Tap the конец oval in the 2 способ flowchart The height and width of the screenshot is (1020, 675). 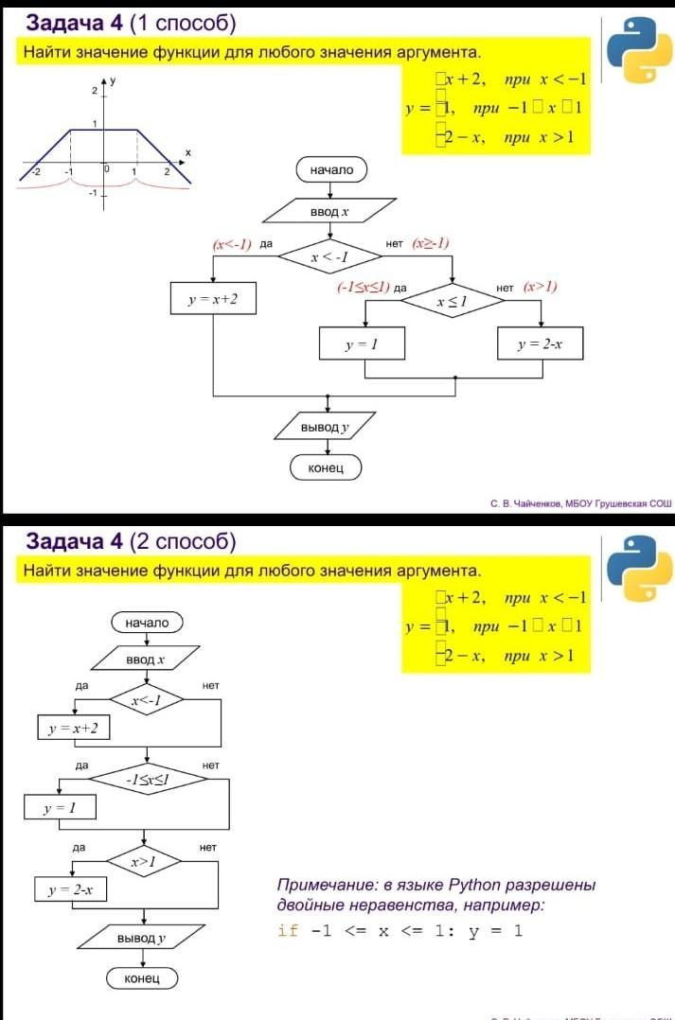[142, 977]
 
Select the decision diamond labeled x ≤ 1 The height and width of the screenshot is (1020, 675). [452, 301]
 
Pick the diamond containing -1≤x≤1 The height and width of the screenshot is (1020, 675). [148, 779]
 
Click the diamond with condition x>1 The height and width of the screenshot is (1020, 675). [143, 861]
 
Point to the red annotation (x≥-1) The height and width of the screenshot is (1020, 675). [430, 243]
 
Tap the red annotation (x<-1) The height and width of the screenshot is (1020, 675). [232, 244]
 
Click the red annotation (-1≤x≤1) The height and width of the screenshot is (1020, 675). [364, 286]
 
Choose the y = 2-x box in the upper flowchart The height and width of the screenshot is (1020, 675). [540, 344]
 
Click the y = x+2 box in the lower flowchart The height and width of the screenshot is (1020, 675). [73, 728]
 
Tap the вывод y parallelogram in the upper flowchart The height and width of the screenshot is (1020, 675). [325, 428]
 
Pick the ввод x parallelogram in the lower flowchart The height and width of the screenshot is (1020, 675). [146, 659]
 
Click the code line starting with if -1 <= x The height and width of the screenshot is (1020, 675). [400, 930]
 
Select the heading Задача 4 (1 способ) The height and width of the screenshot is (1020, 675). [131, 23]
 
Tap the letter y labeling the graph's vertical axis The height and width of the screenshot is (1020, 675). [113, 81]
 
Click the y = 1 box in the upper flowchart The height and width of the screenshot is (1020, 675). [362, 344]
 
